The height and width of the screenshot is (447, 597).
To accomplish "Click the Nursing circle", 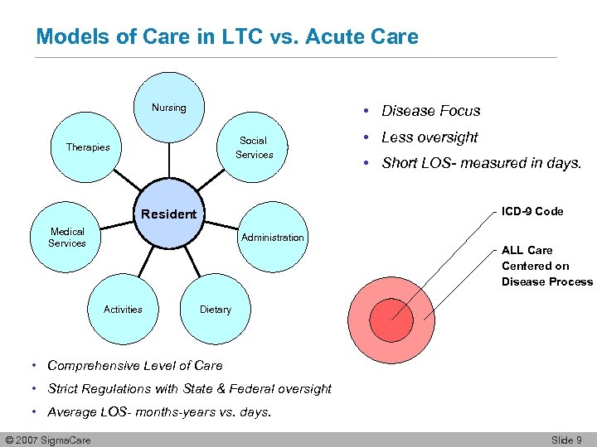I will pyautogui.click(x=169, y=108).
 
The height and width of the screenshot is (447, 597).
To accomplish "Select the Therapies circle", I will pyautogui.click(x=88, y=147).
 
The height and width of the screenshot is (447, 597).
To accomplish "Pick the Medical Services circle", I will pyautogui.click(x=67, y=238).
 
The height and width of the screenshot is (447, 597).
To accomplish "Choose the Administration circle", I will pyautogui.click(x=272, y=238).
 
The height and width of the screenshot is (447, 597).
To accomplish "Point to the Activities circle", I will pyautogui.click(x=123, y=310).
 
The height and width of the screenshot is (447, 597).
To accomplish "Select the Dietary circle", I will pyautogui.click(x=216, y=310).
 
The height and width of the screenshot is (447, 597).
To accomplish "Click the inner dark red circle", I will pyautogui.click(x=391, y=317).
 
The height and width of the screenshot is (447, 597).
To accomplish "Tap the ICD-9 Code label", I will pyautogui.click(x=532, y=211).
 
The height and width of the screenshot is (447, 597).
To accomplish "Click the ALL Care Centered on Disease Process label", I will pyautogui.click(x=546, y=266).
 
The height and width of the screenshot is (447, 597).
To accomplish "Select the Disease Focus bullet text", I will pyautogui.click(x=430, y=111).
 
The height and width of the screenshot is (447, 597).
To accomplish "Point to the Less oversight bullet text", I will pyautogui.click(x=430, y=137).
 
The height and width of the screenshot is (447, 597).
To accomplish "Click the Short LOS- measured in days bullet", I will pyautogui.click(x=481, y=163).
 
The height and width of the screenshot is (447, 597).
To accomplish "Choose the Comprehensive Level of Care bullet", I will pyautogui.click(x=135, y=365).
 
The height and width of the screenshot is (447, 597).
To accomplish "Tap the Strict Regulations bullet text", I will pyautogui.click(x=189, y=388).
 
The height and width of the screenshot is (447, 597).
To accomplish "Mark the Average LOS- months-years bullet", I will pyautogui.click(x=159, y=411).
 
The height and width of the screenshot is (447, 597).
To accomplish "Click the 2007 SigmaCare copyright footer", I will pyautogui.click(x=47, y=439).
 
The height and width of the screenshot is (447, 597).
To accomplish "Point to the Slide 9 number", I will pyautogui.click(x=566, y=439).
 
